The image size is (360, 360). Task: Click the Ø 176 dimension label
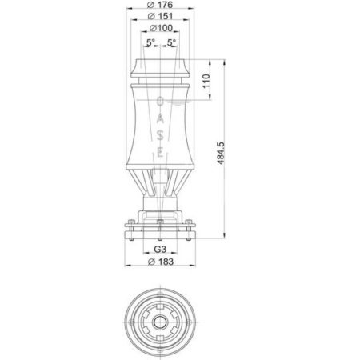[162, 7]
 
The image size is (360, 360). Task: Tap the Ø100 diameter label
[162, 29]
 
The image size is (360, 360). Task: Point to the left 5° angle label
[150, 42]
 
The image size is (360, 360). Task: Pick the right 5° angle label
[173, 42]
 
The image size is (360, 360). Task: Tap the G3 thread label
[161, 249]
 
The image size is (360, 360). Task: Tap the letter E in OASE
[161, 152]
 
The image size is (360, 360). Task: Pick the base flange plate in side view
[161, 228]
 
